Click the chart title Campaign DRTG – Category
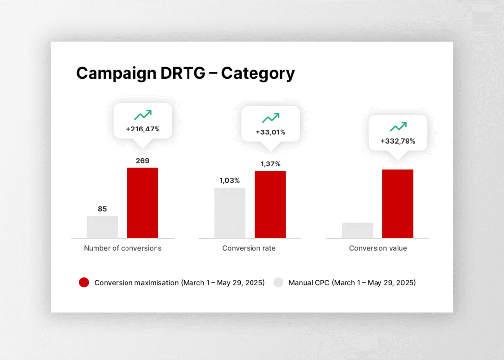(x=186, y=73)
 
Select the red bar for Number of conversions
(x=143, y=203)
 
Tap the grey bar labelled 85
(x=102, y=227)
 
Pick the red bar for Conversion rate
(x=270, y=204)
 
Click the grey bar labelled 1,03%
(x=230, y=213)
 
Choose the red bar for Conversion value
(x=398, y=204)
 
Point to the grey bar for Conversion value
(x=357, y=230)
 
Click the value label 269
(x=143, y=161)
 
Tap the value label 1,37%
(x=270, y=164)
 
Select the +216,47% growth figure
(x=143, y=130)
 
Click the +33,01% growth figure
(x=270, y=132)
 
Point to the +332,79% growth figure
(x=398, y=141)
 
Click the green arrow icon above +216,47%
(x=143, y=115)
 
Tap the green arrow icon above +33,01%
(x=270, y=118)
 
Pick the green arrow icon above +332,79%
(x=398, y=127)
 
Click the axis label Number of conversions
(x=123, y=248)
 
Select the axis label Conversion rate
(x=249, y=248)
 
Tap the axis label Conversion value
(x=378, y=248)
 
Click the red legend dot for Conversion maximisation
(x=84, y=283)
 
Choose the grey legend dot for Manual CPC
(x=279, y=283)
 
